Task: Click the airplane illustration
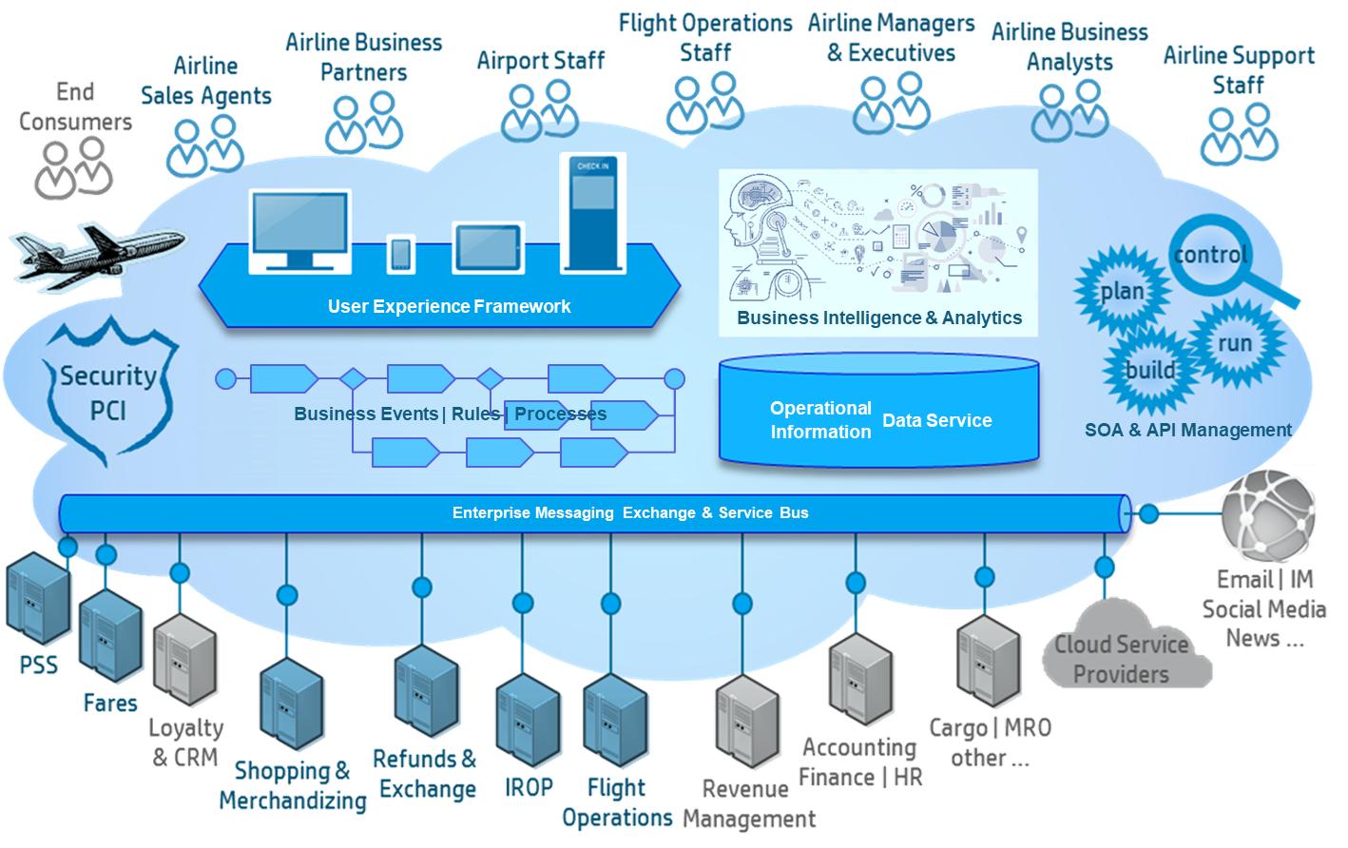point(95,252)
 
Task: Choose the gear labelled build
point(1150,369)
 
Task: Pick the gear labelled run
point(1235,343)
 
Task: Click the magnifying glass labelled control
point(1212,254)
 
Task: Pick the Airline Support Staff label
point(1239,69)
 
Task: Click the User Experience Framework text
point(449,306)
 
